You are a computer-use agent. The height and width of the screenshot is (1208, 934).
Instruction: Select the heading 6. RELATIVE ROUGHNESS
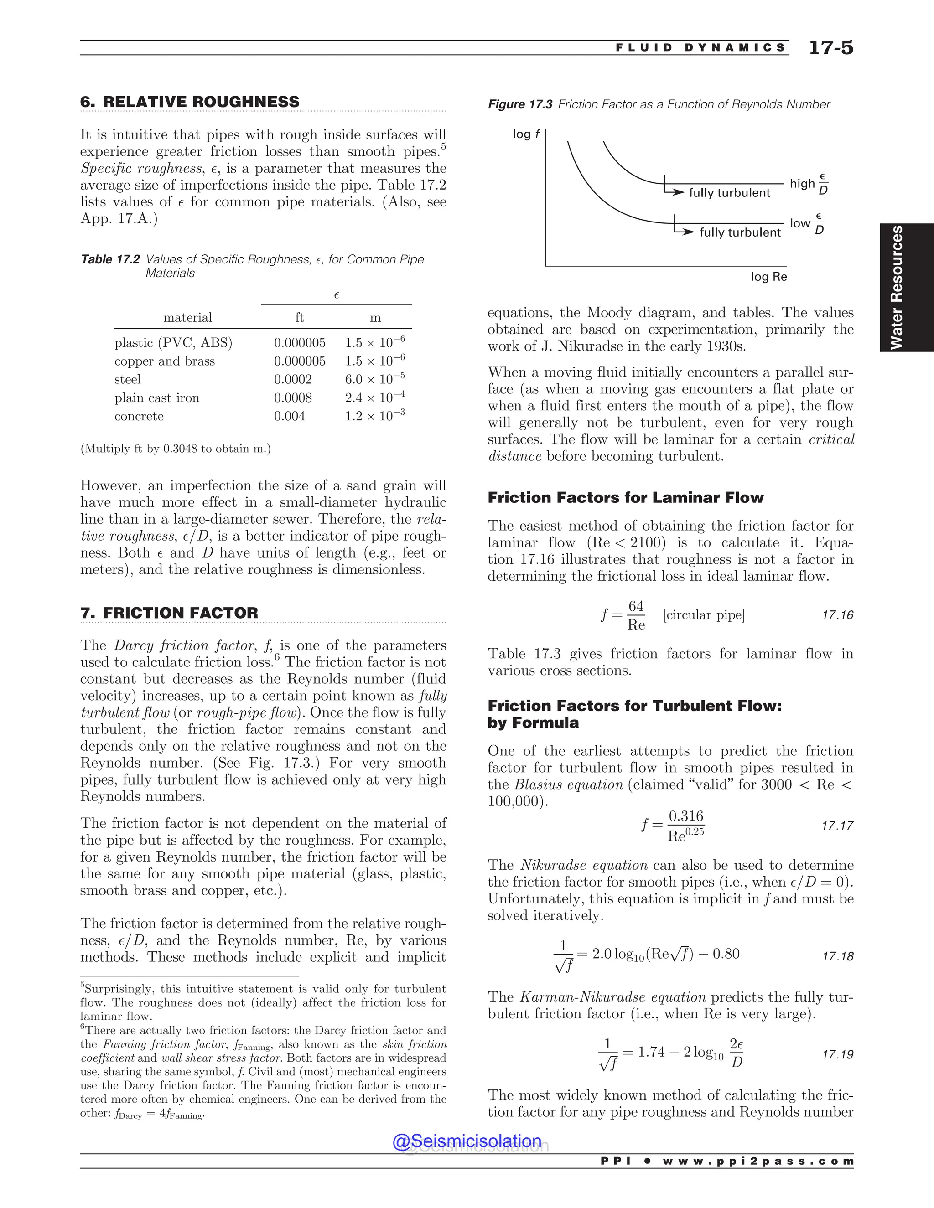[190, 102]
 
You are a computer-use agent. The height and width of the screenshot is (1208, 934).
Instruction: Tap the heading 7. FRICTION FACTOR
[169, 613]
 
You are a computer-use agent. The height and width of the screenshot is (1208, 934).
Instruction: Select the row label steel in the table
[127, 379]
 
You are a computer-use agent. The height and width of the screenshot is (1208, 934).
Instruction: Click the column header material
[187, 317]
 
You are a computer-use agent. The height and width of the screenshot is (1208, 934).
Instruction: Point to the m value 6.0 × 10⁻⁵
[374, 379]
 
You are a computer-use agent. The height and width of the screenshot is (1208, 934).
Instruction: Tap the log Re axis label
[768, 277]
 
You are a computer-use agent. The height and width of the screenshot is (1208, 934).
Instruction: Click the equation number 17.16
[837, 615]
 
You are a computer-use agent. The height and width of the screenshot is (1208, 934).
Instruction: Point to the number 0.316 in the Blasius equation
[685, 816]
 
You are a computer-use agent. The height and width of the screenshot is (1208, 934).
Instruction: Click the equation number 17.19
[837, 1054]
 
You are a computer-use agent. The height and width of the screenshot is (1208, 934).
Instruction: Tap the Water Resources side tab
[896, 287]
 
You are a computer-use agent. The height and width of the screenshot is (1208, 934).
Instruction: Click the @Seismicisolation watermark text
[467, 1141]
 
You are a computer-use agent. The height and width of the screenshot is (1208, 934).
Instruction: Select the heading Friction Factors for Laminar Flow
[625, 498]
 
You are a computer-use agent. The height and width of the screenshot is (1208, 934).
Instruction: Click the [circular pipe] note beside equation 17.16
[704, 615]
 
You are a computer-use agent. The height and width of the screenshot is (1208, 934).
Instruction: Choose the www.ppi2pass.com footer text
[758, 1161]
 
